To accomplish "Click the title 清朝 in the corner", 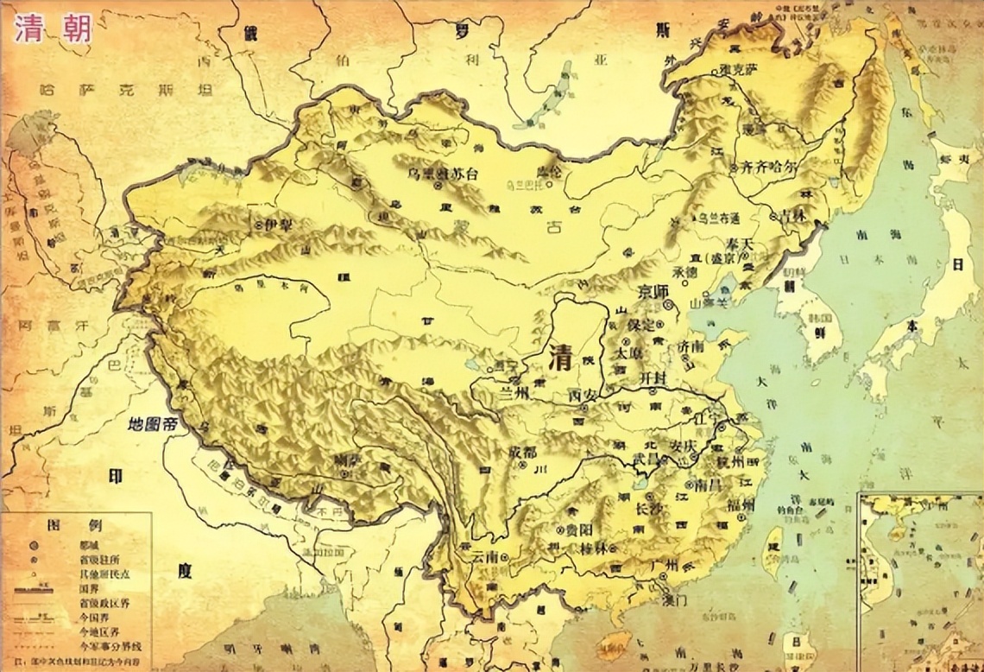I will (x=54, y=29).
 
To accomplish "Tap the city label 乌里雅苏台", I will (x=443, y=173).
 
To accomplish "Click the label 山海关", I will (x=709, y=303).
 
